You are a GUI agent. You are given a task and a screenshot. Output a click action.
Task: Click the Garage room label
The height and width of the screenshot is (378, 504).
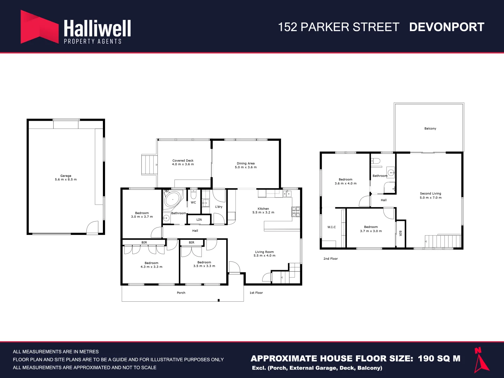tap(66, 176)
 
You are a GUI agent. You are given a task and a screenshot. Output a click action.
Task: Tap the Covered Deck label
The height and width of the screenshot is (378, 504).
tap(183, 161)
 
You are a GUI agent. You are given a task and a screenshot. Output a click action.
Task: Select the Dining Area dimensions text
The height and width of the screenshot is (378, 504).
tap(246, 167)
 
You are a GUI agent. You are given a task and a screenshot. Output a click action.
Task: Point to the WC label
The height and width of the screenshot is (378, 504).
tap(194, 203)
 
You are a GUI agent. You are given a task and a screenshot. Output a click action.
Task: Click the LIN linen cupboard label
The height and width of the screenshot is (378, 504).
tap(199, 220)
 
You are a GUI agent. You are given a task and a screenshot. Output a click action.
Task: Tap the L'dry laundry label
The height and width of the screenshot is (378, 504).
tap(219, 207)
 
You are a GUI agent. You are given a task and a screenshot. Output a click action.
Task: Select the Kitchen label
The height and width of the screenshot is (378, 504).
tap(263, 209)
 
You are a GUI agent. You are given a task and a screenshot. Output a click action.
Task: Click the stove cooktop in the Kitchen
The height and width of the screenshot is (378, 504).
tap(296, 211)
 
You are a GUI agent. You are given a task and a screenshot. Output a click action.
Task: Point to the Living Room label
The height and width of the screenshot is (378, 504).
tap(264, 252)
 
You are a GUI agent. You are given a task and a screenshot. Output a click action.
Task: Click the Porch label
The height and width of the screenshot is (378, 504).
tap(181, 293)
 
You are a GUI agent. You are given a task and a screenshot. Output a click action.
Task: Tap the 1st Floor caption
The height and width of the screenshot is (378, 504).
tap(256, 293)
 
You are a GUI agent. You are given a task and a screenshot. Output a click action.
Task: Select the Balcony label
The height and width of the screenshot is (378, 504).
tap(430, 128)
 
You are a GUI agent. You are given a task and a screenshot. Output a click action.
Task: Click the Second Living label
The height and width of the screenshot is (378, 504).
tap(430, 194)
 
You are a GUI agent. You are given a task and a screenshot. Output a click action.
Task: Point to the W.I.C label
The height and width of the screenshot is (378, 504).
tap(331, 227)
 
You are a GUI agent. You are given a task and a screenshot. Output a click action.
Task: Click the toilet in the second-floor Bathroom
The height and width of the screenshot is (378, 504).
tap(376, 161)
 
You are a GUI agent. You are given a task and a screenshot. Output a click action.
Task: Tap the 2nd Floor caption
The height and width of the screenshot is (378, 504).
tap(330, 259)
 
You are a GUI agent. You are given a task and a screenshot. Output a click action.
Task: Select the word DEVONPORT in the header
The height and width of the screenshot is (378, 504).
tap(447, 27)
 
